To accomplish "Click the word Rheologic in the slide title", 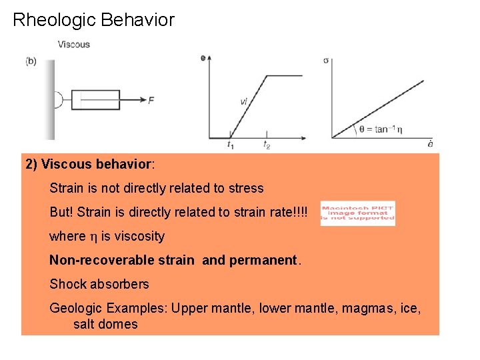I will (x=55, y=20).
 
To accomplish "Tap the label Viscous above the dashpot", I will (x=73, y=45).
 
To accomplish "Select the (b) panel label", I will (x=31, y=62).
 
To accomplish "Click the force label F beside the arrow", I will (x=151, y=101).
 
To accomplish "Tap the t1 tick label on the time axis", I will (x=230, y=144).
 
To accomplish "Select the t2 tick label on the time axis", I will (x=267, y=144).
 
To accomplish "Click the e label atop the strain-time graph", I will (x=203, y=58).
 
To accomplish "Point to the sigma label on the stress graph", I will (x=325, y=60).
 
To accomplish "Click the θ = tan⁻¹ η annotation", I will (x=381, y=130).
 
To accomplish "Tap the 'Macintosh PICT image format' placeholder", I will (x=357, y=213).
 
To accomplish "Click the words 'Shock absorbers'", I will (x=99, y=284).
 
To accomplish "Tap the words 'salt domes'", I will (x=105, y=325).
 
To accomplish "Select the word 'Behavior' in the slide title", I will (x=138, y=20).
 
